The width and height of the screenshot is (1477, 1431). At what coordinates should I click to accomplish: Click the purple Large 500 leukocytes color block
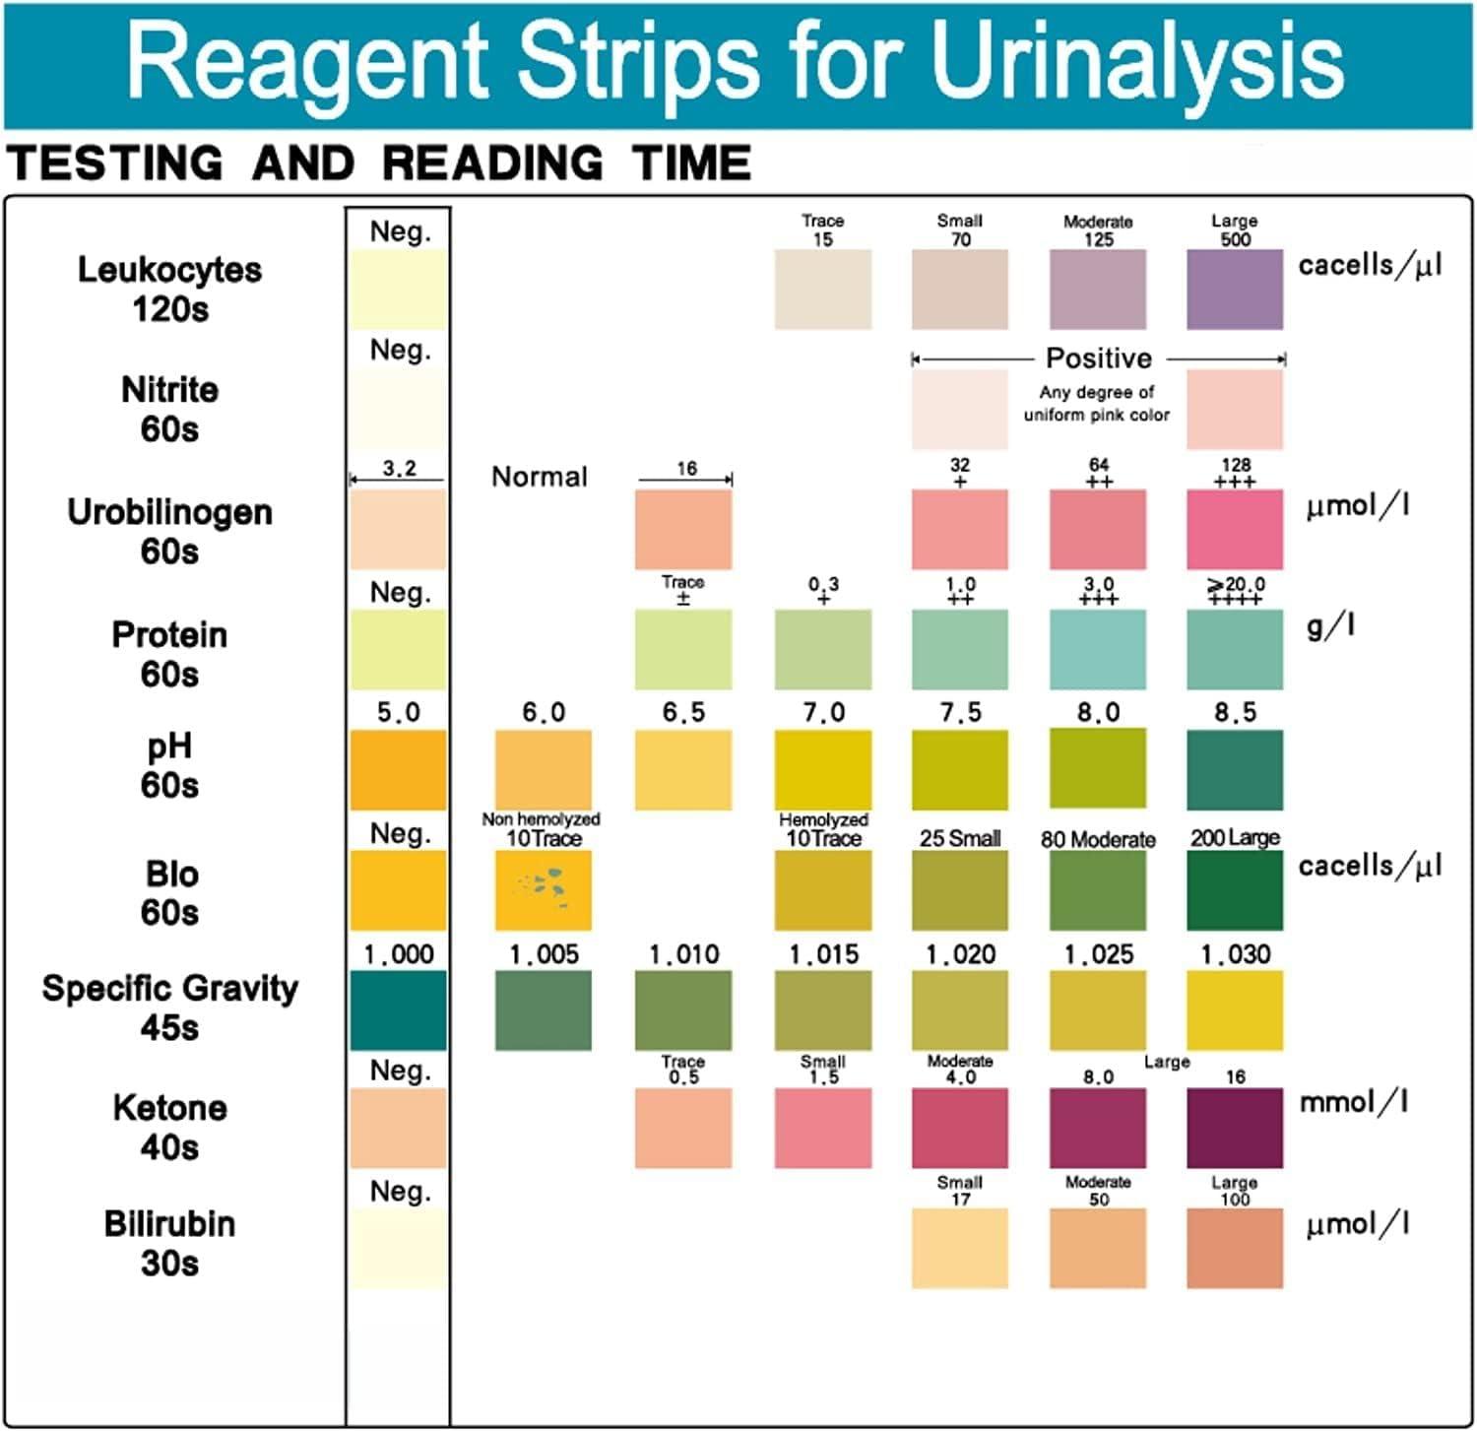(x=1235, y=289)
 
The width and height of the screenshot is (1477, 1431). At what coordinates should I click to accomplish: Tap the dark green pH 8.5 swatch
(x=1235, y=769)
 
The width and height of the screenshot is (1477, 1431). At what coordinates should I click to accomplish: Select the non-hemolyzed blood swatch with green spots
(x=544, y=889)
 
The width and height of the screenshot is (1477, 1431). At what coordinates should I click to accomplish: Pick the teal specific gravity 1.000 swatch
(x=398, y=1009)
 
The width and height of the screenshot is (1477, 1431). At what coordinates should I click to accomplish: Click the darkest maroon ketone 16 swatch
(x=1235, y=1128)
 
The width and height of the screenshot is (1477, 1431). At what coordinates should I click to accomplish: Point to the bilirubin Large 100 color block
(x=1235, y=1248)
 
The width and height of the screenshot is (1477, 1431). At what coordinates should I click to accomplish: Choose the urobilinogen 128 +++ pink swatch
(x=1235, y=529)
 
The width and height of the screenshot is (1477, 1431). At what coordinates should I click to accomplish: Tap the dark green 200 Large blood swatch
(x=1235, y=889)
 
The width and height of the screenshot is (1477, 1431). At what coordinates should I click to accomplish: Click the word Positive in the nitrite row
(x=1098, y=358)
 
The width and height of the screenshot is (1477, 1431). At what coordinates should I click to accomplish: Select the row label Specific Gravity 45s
(x=169, y=1007)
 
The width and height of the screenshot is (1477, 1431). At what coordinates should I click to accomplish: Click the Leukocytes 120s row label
(x=169, y=288)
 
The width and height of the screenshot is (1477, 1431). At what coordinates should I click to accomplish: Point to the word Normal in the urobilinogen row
(x=539, y=477)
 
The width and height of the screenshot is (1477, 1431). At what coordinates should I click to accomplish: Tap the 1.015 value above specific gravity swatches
(x=823, y=953)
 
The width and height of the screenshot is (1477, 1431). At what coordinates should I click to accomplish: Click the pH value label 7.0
(x=823, y=712)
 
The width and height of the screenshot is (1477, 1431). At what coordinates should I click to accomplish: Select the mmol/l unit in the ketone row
(x=1353, y=1102)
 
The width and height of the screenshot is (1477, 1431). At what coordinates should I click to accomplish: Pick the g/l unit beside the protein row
(x=1330, y=625)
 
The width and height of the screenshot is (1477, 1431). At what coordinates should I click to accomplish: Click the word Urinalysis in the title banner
(x=1136, y=61)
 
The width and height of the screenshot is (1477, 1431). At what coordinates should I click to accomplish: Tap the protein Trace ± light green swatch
(x=683, y=649)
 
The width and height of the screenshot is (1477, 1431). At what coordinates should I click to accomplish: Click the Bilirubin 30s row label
(x=169, y=1243)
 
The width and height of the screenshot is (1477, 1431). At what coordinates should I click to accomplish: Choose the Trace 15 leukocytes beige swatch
(x=823, y=289)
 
